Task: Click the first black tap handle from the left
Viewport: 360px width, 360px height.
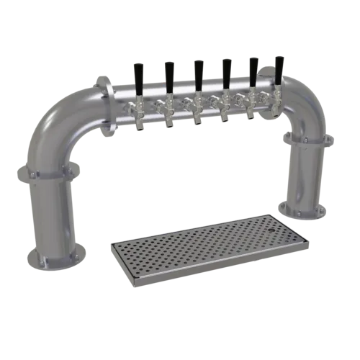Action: tap(139, 73)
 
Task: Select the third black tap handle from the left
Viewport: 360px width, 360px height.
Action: tap(197, 71)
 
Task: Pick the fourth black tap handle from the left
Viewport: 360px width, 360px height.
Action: tap(225, 71)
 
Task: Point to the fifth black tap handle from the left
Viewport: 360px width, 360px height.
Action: tap(253, 69)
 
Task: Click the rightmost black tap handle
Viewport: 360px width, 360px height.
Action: tap(279, 67)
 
